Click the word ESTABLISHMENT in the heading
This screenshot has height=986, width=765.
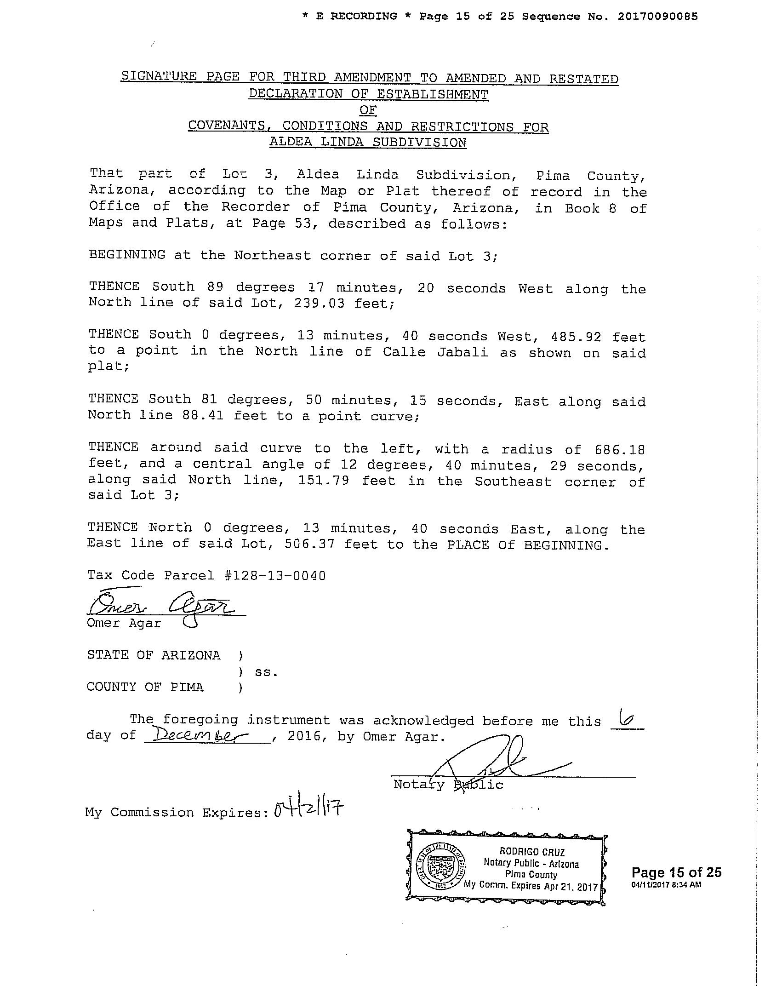pos(432,94)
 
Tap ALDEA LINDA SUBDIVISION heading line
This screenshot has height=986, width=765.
pos(368,142)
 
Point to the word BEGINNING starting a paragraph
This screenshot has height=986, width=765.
pos(127,255)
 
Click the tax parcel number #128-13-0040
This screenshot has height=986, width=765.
pos(275,576)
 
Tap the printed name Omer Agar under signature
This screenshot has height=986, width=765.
pos(124,624)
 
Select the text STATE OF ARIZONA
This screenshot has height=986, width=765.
pos(154,655)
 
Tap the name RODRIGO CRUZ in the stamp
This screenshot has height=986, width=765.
pos(532,852)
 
